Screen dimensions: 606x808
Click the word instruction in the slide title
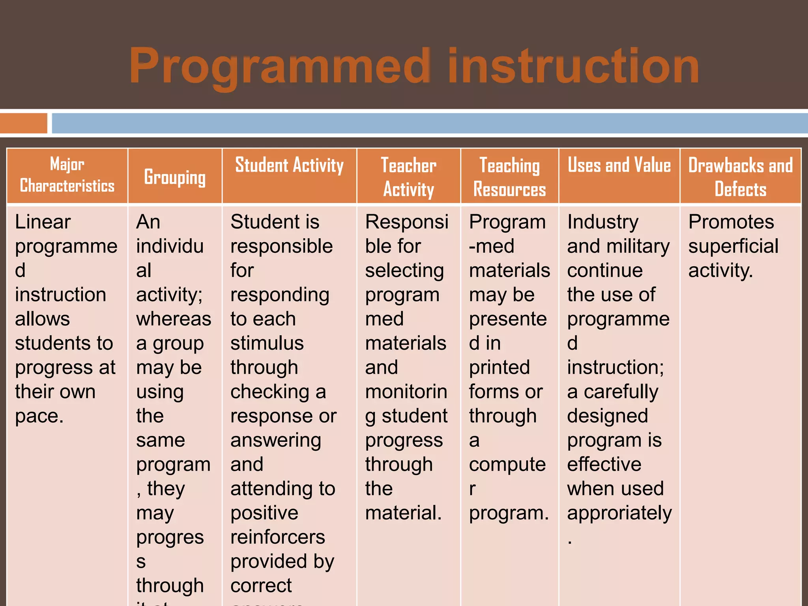pos(573,66)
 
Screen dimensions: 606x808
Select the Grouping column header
pos(175,177)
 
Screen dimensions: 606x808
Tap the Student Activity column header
pos(289,165)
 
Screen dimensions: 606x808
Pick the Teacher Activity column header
pos(408,177)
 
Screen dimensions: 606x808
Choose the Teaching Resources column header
pos(509,177)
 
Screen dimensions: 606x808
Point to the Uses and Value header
pos(619,165)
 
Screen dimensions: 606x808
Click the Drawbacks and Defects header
pos(740,177)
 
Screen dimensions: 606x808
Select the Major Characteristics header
pos(67,175)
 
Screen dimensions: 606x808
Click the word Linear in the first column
pos(43,222)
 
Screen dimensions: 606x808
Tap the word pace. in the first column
pos(39,416)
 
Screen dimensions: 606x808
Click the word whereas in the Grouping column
pos(174,319)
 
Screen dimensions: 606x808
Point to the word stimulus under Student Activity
pos(267,343)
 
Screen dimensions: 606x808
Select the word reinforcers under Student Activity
pos(278,537)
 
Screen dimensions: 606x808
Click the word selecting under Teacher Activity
pos(404,271)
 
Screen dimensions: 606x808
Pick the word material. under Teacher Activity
pos(403,513)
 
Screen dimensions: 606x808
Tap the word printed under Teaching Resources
pos(499,368)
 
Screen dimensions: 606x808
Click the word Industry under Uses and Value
pos(602,222)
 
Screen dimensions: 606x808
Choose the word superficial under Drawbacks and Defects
pos(733,247)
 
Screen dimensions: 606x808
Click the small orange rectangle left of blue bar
pos(24,123)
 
